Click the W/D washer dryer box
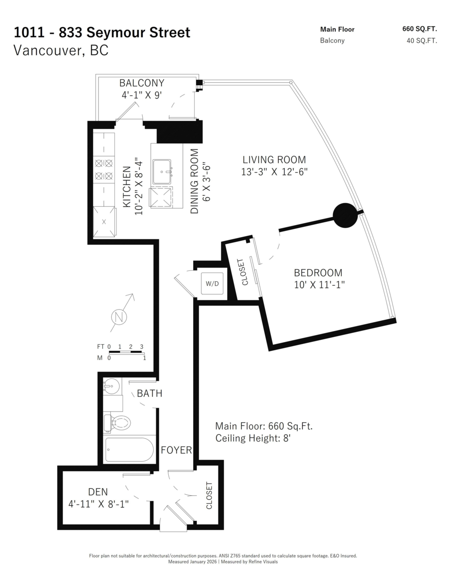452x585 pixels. (212, 284)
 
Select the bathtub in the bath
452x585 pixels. (129, 449)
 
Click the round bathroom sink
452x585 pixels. (112, 386)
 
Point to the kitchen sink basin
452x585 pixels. (162, 172)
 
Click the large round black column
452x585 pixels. (345, 215)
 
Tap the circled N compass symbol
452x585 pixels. (119, 317)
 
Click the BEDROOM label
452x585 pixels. (318, 273)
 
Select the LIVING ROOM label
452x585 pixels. (274, 159)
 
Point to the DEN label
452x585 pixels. (98, 492)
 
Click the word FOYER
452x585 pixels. (177, 450)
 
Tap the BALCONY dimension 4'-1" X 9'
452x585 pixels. (141, 95)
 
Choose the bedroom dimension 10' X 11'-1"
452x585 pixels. (319, 285)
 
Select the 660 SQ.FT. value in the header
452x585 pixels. (420, 29)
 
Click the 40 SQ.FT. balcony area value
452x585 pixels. (422, 40)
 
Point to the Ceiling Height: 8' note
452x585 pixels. (253, 438)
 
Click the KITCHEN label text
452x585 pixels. (127, 187)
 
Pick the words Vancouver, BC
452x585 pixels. (61, 50)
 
